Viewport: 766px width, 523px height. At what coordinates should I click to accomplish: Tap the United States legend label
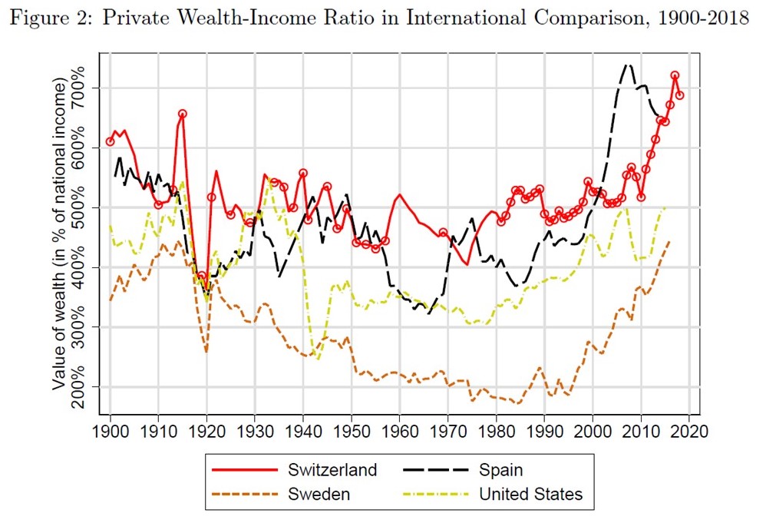531,494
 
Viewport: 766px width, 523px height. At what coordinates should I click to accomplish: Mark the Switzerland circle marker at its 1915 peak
183,114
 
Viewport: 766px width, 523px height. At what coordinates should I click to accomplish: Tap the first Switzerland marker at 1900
111,141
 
